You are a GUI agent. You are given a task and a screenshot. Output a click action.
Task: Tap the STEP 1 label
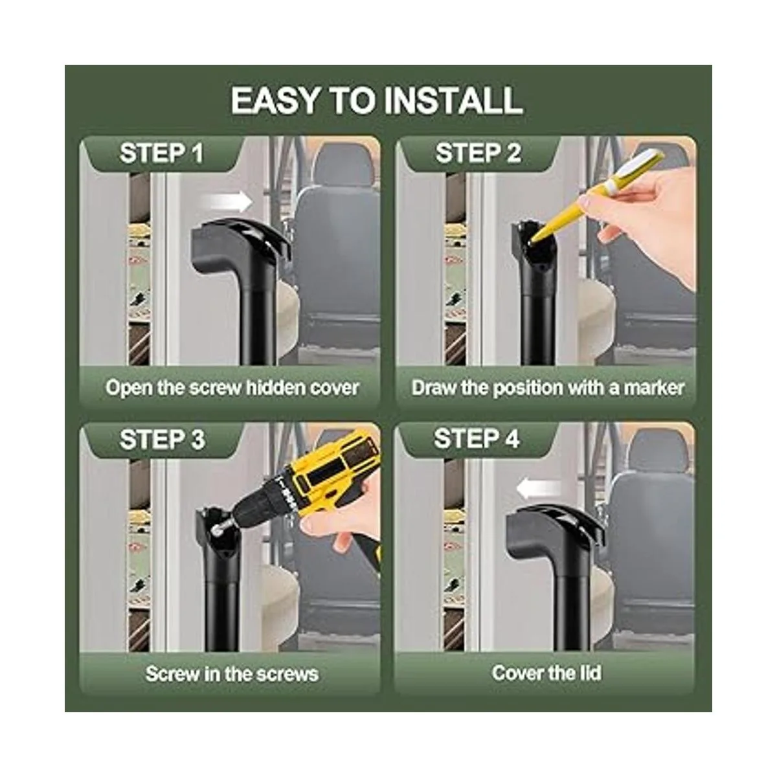(x=161, y=153)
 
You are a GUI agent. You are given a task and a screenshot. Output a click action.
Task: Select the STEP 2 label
(x=478, y=153)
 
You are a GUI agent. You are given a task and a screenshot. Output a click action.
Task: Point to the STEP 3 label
(x=162, y=440)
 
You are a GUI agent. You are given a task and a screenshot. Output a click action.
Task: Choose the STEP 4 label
(x=476, y=439)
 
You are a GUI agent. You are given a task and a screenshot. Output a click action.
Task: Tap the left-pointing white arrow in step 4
(x=538, y=489)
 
